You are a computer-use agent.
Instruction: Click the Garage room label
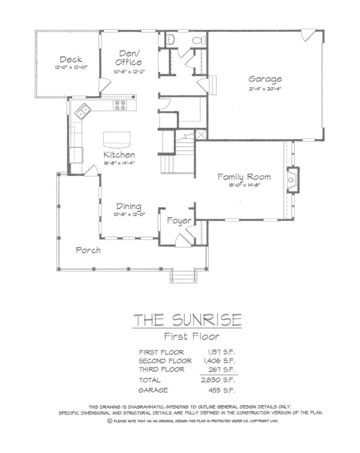[x=265, y=79]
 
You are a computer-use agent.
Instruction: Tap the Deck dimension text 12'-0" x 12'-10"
[x=71, y=67]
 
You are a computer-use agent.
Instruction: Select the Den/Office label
[x=129, y=58]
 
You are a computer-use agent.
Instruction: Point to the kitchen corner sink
[x=83, y=111]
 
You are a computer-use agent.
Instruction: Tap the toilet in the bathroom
[x=199, y=40]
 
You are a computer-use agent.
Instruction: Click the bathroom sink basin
[x=171, y=39]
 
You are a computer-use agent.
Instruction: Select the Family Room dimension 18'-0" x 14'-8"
[x=244, y=185]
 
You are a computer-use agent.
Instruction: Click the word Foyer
[x=179, y=221]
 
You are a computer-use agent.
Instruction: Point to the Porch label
[x=88, y=250]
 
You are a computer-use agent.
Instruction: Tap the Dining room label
[x=129, y=207]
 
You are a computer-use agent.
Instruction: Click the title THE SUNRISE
[x=188, y=319]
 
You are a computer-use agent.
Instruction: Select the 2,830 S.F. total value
[x=218, y=380]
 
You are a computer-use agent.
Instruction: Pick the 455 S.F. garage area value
[x=221, y=390]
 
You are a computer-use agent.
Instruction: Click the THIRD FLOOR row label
[x=162, y=370]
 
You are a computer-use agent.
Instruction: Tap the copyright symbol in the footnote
[x=110, y=421]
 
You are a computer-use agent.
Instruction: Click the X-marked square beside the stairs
[x=201, y=135]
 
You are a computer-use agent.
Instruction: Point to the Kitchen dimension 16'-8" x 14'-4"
[x=119, y=163]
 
